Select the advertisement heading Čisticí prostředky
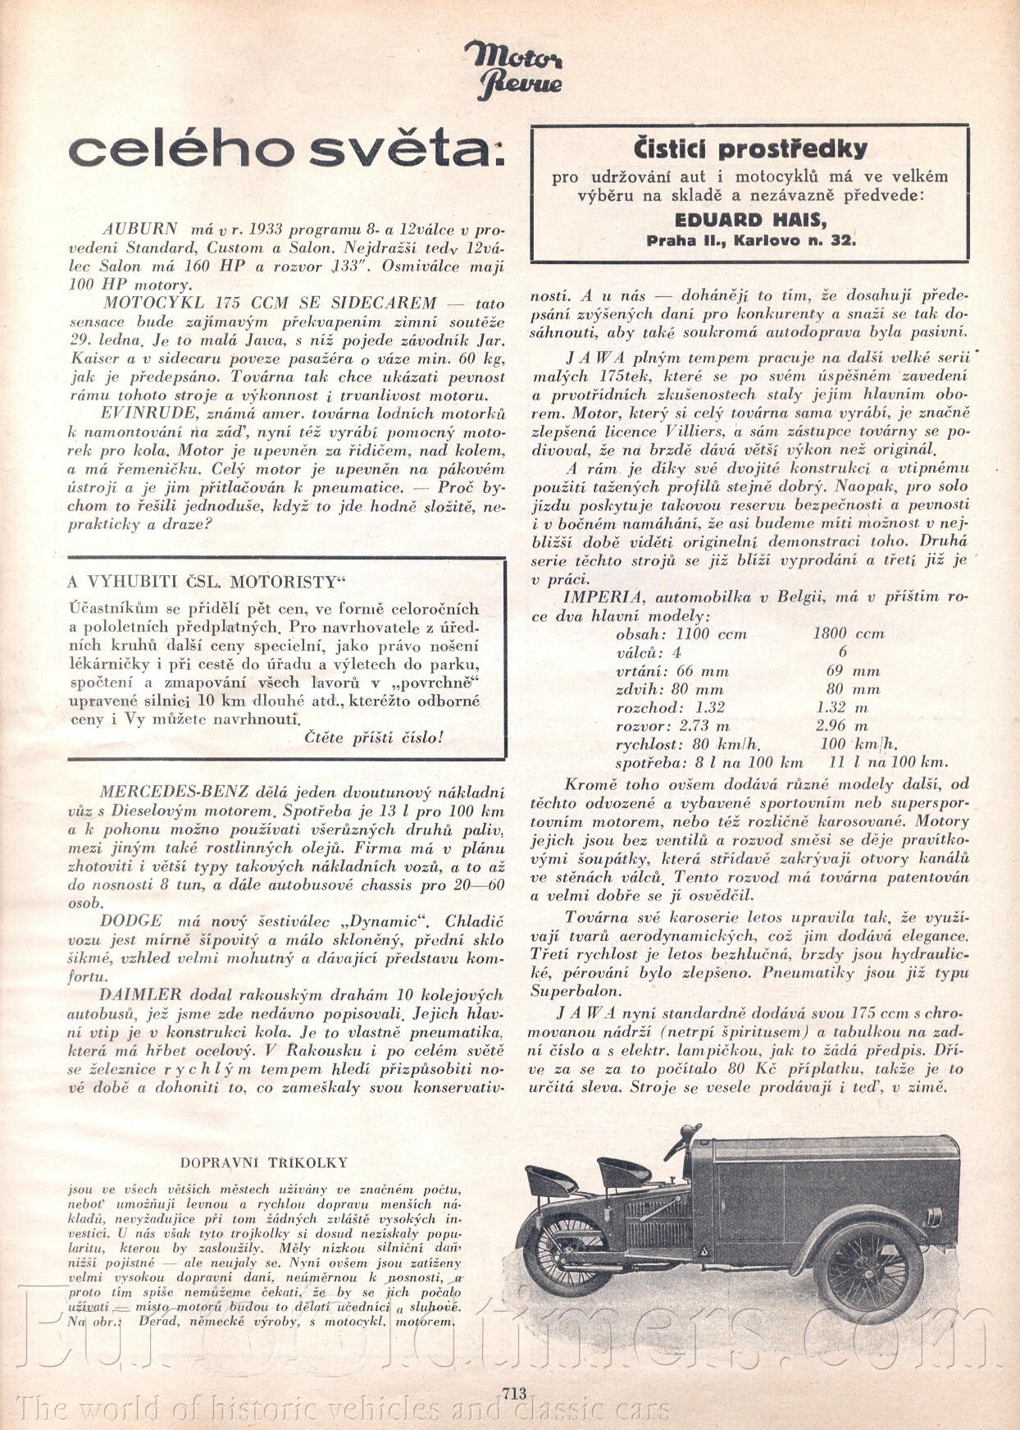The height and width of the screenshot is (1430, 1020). pos(749,148)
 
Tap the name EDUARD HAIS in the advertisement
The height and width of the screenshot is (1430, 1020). pos(749,220)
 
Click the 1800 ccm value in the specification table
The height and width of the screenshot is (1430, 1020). pos(848,634)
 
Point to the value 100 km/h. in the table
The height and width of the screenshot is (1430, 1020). pos(858,745)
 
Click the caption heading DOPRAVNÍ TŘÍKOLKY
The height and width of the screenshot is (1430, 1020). pos(263,1163)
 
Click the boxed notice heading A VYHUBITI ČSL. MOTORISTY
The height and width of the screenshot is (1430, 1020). pos(207,583)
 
